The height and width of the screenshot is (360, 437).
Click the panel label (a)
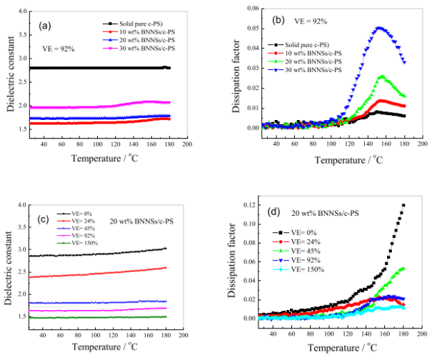[x=45, y=26]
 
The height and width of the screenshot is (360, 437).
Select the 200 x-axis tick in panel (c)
[x=183, y=335]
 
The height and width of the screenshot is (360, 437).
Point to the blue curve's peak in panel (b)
[x=379, y=28]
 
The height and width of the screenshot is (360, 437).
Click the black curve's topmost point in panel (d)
[x=403, y=206]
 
